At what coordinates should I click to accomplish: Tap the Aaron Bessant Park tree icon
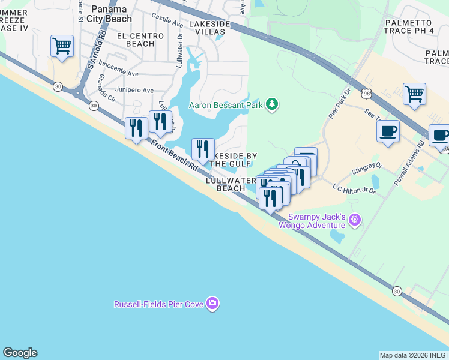click(x=273, y=104)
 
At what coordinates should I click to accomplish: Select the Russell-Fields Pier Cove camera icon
click(x=212, y=304)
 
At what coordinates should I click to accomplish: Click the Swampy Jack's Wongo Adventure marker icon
click(x=355, y=221)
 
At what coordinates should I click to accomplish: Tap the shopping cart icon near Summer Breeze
click(x=62, y=46)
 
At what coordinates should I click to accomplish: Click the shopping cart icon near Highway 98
click(x=414, y=94)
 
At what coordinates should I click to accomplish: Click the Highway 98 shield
click(x=366, y=94)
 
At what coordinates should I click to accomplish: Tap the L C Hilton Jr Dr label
click(x=354, y=189)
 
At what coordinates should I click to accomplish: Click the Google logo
click(x=20, y=353)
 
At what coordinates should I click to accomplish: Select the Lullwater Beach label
click(x=231, y=184)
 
